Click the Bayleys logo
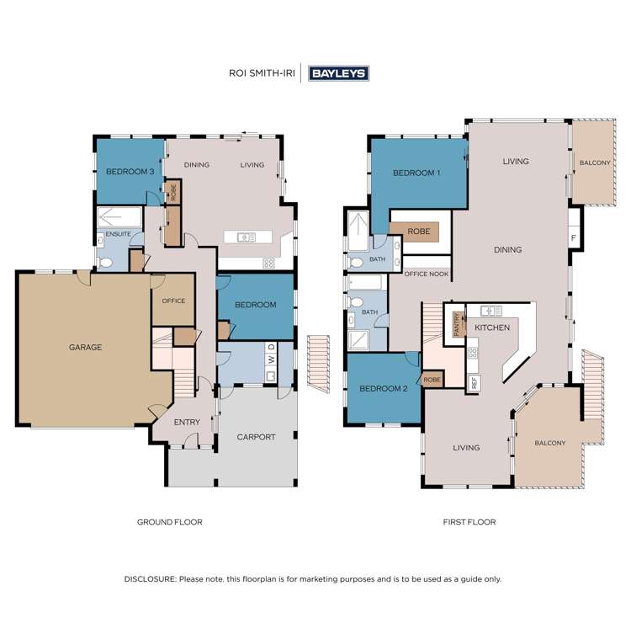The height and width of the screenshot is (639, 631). pos(339,73)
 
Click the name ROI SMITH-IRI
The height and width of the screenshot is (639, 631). pos(263,73)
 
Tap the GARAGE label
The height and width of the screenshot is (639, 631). pos(85,347)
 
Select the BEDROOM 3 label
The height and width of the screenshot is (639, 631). pos(129,172)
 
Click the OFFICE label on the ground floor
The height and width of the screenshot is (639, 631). pos(173,301)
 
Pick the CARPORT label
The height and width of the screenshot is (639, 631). pos(256,437)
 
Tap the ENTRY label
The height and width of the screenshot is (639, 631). pos(187,423)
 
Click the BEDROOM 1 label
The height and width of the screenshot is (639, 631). pos(416,173)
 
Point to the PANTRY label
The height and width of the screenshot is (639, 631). pos(458,324)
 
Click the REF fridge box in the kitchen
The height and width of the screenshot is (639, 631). pos(473,381)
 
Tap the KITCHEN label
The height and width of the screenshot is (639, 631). pos(492,327)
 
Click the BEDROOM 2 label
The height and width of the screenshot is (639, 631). pos(383,388)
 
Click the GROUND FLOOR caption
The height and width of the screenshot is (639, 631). pos(170,522)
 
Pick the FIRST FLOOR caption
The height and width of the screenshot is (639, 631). pos(469,522)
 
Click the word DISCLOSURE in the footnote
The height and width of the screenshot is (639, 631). pos(150,579)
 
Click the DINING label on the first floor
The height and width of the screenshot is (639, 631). pos(508,249)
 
